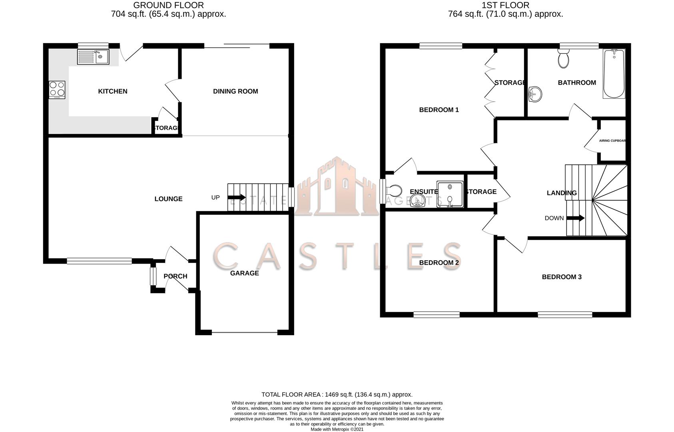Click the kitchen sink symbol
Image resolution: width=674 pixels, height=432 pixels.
point(93,57)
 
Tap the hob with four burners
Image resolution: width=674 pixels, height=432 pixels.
point(57,90)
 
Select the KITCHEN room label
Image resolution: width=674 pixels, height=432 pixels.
point(113,91)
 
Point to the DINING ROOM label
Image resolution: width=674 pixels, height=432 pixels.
point(235,91)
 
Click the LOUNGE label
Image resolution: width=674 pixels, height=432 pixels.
point(168,199)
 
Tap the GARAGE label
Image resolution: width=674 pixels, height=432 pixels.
point(244,273)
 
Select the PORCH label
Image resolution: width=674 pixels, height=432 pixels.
point(175,276)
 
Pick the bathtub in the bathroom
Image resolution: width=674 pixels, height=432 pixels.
point(614,74)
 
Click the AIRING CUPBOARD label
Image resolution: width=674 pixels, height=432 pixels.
point(612,141)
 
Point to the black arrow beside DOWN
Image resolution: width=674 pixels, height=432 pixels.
point(576,218)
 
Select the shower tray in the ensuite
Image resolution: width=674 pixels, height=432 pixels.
point(450,194)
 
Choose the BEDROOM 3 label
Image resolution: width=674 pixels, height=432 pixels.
point(562,277)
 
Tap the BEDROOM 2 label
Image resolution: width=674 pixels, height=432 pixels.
point(439,262)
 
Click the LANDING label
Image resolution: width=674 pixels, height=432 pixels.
point(562,193)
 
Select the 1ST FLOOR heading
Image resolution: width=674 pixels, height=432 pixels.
point(505,5)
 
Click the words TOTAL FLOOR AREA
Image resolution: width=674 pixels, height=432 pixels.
point(291,394)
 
